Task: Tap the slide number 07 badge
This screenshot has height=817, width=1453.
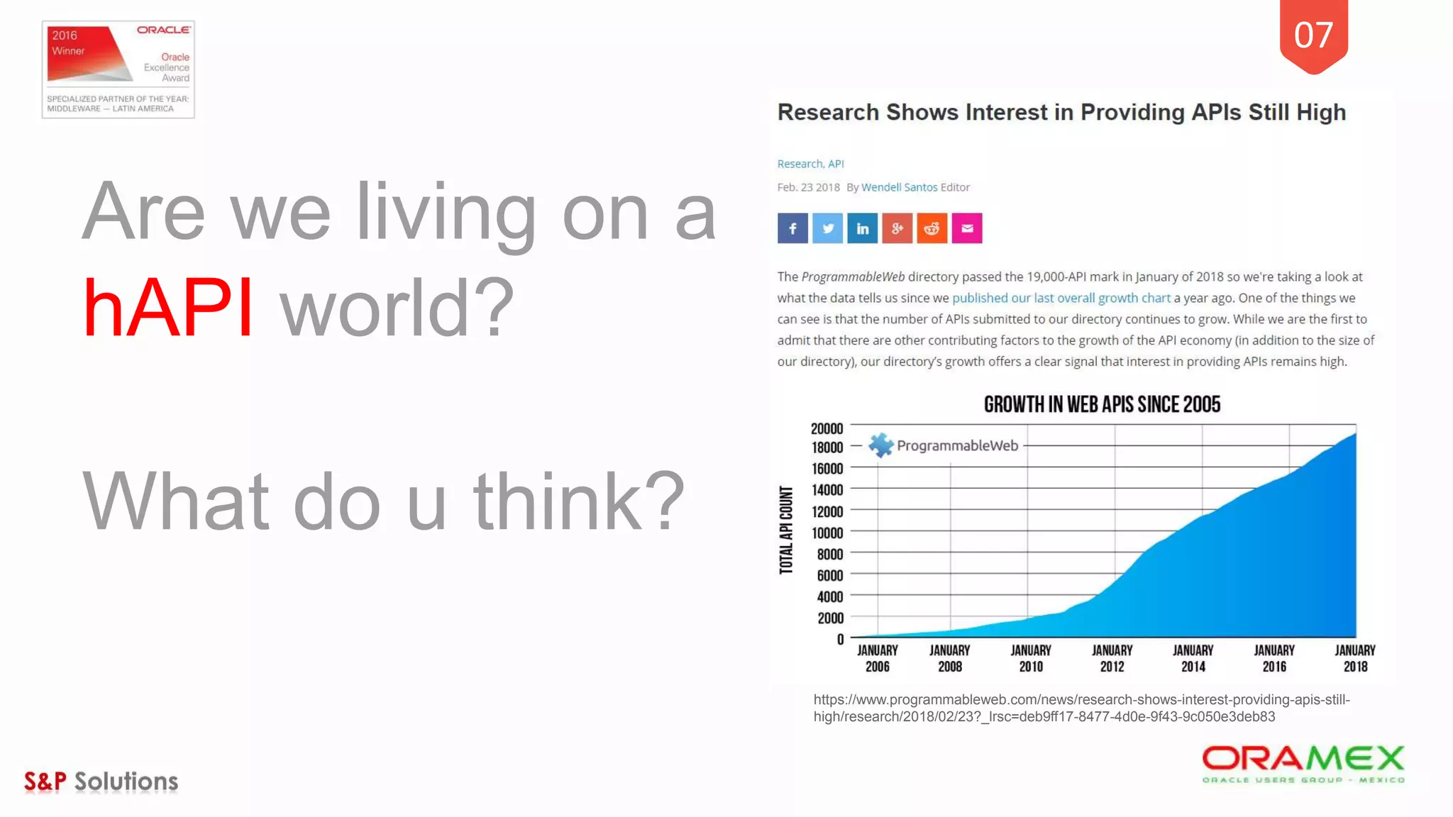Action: click(1313, 35)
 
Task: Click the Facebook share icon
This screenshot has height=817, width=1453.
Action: click(792, 228)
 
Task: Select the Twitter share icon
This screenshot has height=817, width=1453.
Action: click(827, 228)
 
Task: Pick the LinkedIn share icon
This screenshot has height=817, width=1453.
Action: click(862, 228)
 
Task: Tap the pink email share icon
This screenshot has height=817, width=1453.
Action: click(966, 228)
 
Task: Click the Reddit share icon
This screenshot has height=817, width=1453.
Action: click(932, 228)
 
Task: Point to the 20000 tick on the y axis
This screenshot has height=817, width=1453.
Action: click(827, 428)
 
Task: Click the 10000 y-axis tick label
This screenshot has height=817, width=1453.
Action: click(827, 533)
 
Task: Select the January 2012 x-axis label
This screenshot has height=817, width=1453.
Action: click(1112, 658)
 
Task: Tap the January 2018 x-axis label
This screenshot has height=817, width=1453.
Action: click(1354, 658)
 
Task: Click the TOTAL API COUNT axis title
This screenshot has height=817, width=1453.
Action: click(786, 530)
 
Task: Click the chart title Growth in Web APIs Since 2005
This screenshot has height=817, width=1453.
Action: click(1102, 404)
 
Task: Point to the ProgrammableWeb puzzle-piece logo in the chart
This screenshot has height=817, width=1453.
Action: click(880, 445)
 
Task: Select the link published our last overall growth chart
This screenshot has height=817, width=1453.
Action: click(1061, 298)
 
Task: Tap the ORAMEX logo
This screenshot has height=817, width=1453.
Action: click(1303, 764)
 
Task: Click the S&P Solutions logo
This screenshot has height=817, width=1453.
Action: click(101, 782)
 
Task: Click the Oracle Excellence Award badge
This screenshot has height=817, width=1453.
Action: click(118, 70)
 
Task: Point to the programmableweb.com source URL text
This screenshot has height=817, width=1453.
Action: click(1081, 708)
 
